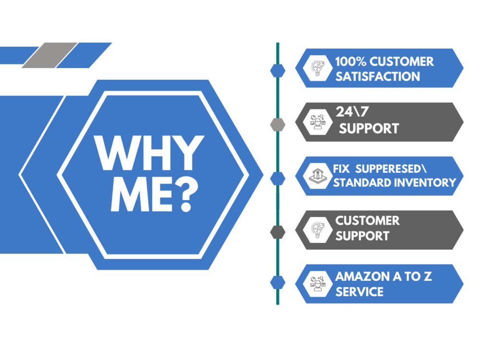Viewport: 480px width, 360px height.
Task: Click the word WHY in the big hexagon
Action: (149, 153)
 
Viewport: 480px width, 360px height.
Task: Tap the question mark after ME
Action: (186, 195)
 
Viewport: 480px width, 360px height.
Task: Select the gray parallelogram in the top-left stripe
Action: (49, 55)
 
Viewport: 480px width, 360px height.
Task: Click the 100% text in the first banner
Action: (350, 61)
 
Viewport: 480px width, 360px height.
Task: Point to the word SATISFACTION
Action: (378, 76)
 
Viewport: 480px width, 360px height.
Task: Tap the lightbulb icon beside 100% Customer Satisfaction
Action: (317, 68)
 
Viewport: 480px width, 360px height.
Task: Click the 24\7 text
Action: (352, 112)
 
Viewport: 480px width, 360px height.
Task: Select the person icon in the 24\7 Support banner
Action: (317, 122)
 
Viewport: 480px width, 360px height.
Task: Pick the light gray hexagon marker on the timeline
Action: (277, 125)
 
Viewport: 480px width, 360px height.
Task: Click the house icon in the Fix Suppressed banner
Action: (317, 176)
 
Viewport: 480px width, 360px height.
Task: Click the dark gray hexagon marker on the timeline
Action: (277, 232)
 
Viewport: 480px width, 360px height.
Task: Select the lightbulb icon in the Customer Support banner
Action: (317, 230)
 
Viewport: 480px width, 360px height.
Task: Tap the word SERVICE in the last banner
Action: (360, 292)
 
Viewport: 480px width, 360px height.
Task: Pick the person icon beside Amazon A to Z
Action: (317, 284)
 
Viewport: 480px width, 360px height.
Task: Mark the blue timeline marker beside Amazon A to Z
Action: (277, 282)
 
